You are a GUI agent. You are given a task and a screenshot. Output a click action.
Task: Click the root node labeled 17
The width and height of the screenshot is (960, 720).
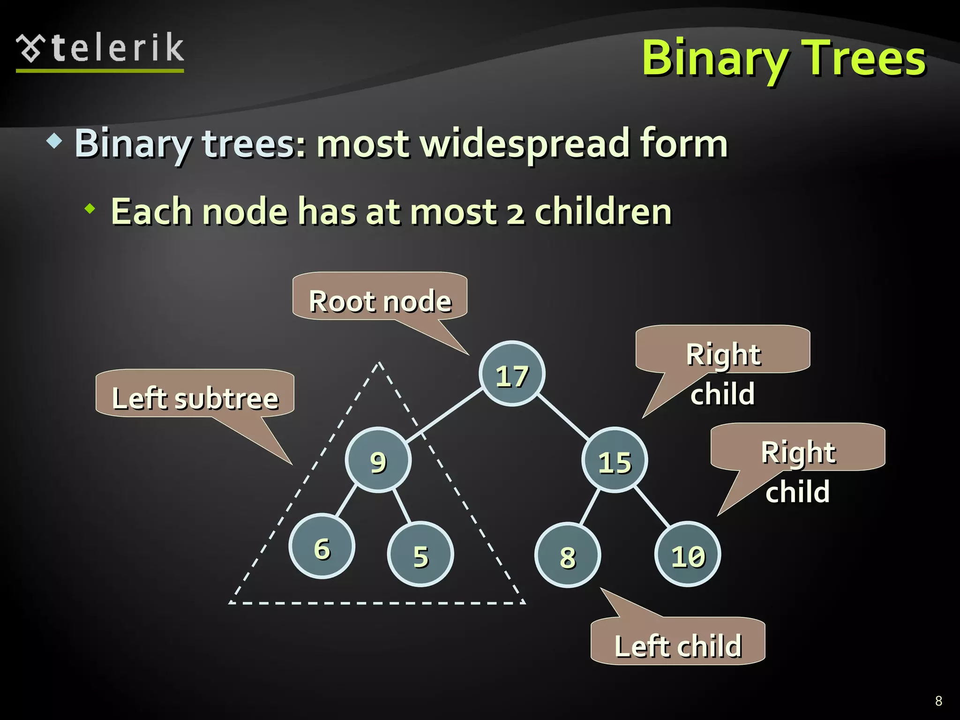click(x=512, y=374)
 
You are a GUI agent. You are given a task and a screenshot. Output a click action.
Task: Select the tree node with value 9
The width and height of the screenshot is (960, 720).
click(x=378, y=460)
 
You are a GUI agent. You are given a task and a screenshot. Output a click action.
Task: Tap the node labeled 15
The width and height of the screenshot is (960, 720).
click(x=615, y=460)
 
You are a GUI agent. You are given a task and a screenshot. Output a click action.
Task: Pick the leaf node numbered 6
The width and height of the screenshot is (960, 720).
click(x=322, y=547)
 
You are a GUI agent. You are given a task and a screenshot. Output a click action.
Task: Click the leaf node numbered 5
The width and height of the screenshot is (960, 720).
click(x=420, y=554)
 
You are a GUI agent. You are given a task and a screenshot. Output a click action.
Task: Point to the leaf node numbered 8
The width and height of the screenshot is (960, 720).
click(x=568, y=555)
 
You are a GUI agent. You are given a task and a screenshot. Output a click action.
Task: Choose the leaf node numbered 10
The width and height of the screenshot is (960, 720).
click(x=688, y=554)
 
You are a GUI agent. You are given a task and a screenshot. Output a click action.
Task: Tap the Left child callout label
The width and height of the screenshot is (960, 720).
click(x=678, y=642)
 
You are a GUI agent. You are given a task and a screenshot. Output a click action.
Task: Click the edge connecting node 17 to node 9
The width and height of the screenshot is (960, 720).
click(x=444, y=416)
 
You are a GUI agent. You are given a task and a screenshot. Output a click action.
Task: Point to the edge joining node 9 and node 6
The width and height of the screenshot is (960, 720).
click(x=346, y=502)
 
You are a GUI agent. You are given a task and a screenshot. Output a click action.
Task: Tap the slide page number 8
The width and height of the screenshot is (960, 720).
click(x=938, y=701)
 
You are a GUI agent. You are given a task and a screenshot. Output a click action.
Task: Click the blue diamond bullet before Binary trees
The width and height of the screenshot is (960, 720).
click(x=55, y=141)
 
